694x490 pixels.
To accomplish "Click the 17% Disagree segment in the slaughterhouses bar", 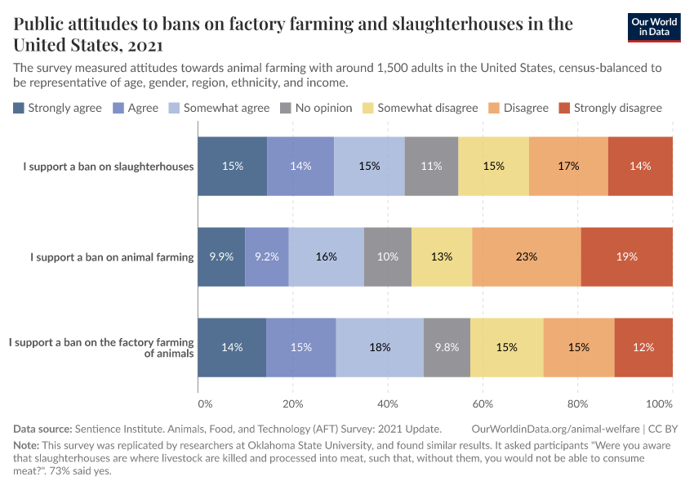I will click(x=568, y=166).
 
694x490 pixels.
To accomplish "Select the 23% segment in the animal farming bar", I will click(x=526, y=256).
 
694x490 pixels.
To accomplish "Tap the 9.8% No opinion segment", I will click(x=447, y=347).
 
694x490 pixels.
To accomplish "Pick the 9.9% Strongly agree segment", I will click(x=221, y=256).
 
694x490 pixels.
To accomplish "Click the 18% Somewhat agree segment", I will click(x=380, y=347).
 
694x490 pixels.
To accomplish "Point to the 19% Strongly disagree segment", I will click(x=626, y=256).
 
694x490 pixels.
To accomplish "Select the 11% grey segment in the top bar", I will click(x=431, y=166).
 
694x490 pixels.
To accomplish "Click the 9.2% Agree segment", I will click(x=266, y=256).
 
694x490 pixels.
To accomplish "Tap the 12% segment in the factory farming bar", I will click(x=643, y=347).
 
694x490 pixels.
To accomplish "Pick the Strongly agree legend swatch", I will click(x=19, y=108).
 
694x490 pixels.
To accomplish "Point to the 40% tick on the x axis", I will click(x=388, y=403).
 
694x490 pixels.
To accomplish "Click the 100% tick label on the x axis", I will click(x=659, y=403).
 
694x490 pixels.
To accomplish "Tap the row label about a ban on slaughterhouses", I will click(x=108, y=166).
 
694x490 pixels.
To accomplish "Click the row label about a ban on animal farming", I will click(x=112, y=256).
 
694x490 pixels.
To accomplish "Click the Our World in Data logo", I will click(x=654, y=27).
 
